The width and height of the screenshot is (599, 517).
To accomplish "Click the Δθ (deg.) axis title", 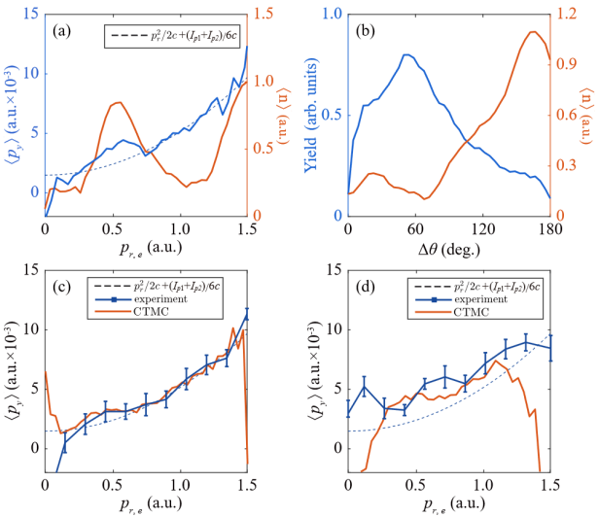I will (449, 250).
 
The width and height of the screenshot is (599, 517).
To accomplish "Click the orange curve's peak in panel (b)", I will (533, 32).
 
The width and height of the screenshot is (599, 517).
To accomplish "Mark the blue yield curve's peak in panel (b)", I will (405, 54).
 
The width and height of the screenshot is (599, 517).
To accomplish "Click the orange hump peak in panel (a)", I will (117, 102).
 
